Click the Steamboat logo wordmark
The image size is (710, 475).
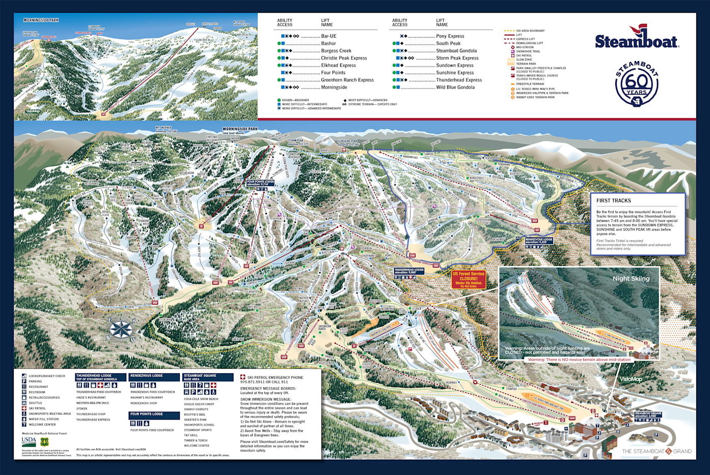tap(636, 41)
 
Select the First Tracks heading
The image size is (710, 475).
tap(613, 201)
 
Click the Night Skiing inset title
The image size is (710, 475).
tap(631, 279)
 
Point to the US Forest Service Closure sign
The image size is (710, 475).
tap(469, 279)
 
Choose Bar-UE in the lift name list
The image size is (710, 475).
tap(329, 36)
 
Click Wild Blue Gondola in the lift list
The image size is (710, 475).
tap(455, 87)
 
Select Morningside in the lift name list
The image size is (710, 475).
tap(334, 87)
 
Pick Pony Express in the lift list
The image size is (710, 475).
tap(450, 36)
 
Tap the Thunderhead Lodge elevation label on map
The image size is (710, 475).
tap(409, 271)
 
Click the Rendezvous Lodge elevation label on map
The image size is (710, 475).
tap(538, 241)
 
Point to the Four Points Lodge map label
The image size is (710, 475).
tap(260, 183)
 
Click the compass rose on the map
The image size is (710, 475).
tap(121, 330)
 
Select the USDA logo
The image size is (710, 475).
tap(29, 441)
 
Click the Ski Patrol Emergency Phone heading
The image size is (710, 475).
tap(275, 377)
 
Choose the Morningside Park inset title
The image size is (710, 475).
tap(41, 20)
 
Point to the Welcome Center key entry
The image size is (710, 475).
tap(42, 425)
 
